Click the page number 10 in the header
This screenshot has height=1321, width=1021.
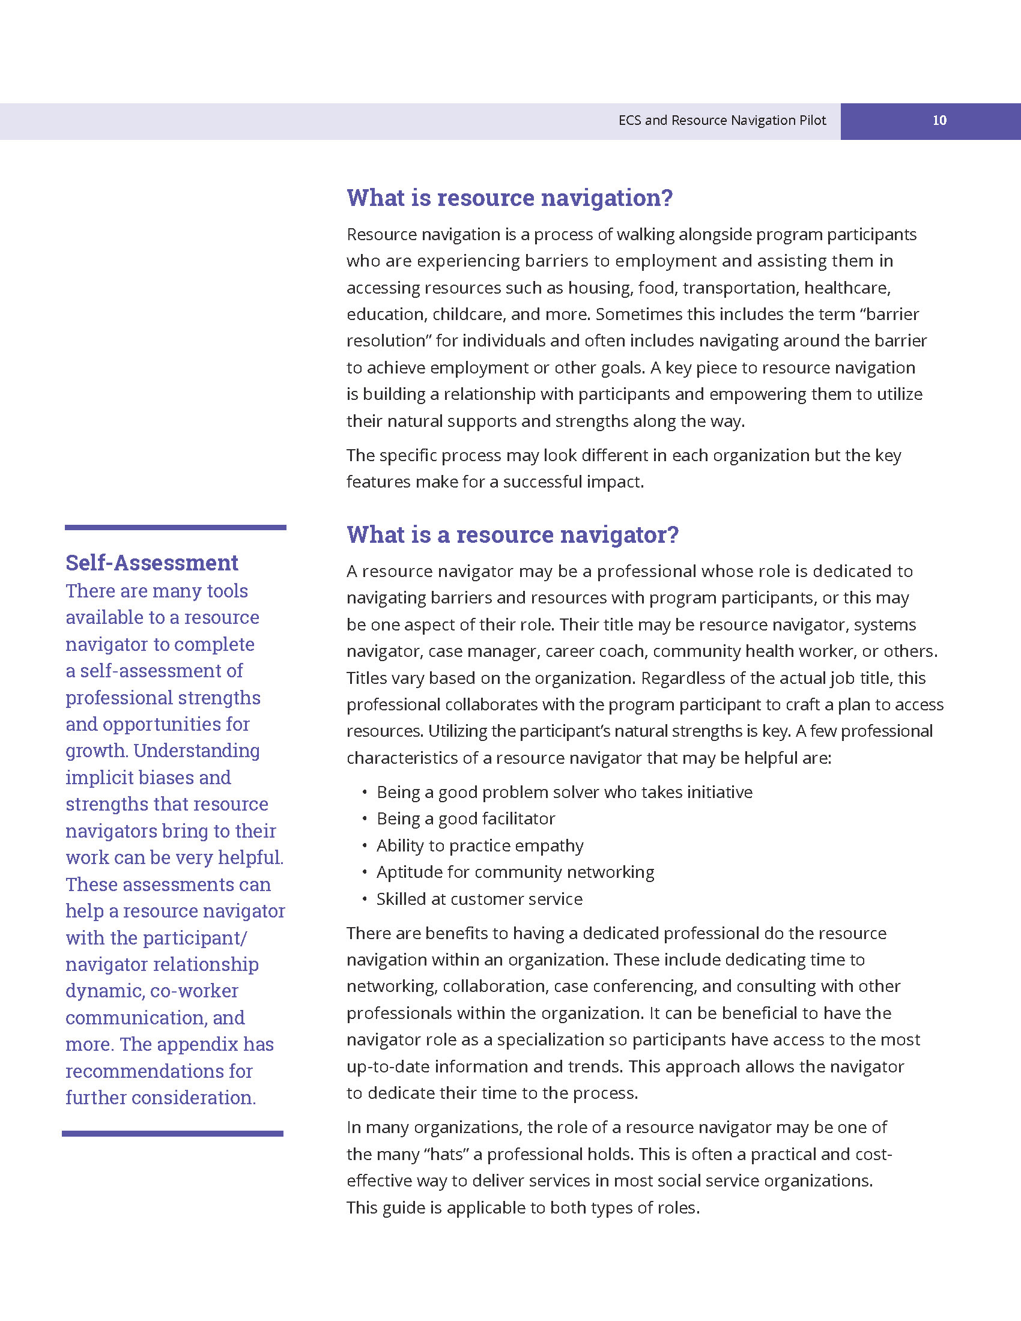click(x=939, y=120)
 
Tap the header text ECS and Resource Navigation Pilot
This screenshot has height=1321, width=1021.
click(x=721, y=120)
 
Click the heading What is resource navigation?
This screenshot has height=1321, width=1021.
click(x=509, y=198)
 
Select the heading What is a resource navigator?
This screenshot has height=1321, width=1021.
click(x=512, y=534)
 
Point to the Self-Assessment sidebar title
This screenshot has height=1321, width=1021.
click(x=152, y=563)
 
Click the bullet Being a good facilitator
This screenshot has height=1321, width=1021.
click(x=465, y=818)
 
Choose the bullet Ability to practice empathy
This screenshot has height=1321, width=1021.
click(x=480, y=845)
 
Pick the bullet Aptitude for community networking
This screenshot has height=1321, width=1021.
click(x=515, y=872)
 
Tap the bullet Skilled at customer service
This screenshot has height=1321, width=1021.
click(x=479, y=899)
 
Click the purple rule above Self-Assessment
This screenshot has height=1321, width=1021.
click(x=175, y=527)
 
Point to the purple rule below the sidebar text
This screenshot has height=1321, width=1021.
click(x=172, y=1134)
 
